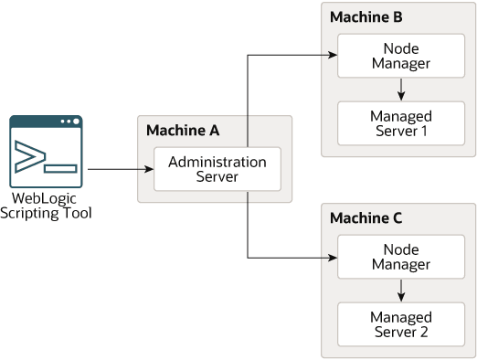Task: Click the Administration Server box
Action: (x=217, y=169)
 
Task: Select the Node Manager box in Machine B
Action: (x=401, y=56)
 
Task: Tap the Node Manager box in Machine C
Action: (x=401, y=257)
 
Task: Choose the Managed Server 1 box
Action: (x=401, y=123)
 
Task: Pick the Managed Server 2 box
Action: (x=401, y=324)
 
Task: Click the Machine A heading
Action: (x=183, y=131)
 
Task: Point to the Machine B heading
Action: (x=366, y=17)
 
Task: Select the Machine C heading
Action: (x=366, y=218)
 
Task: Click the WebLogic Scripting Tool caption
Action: (x=46, y=206)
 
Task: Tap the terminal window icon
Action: (x=46, y=152)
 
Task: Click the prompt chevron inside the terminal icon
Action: (x=30, y=156)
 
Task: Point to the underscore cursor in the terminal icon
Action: (x=60, y=169)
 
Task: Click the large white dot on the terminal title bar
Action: (x=76, y=122)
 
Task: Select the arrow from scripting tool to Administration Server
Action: (x=121, y=169)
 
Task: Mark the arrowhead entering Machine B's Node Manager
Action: (x=333, y=55)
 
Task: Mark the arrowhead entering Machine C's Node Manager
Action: (x=333, y=258)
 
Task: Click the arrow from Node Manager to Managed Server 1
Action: (x=401, y=90)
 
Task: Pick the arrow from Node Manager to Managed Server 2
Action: (x=401, y=291)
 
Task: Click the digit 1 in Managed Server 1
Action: (x=423, y=132)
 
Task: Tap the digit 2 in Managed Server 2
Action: (x=424, y=333)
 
